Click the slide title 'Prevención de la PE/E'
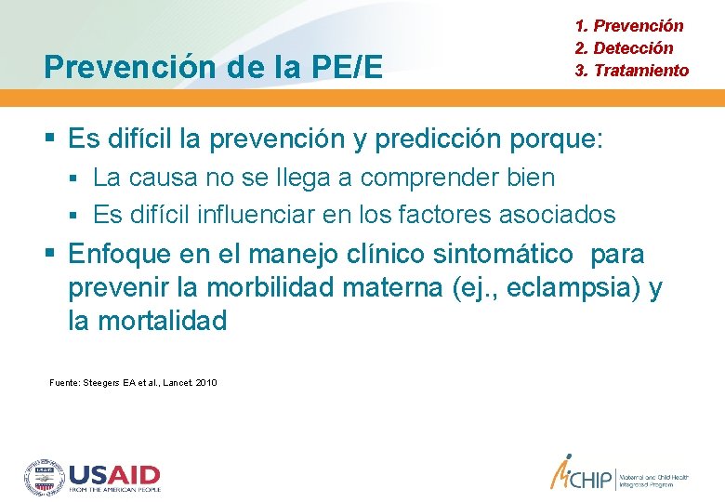(213, 67)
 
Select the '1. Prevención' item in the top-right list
(629, 26)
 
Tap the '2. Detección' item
(624, 48)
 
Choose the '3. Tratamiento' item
(632, 71)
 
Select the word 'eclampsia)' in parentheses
(575, 288)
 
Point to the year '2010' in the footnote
(206, 382)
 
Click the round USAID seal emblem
(44, 476)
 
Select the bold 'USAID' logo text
(114, 474)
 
